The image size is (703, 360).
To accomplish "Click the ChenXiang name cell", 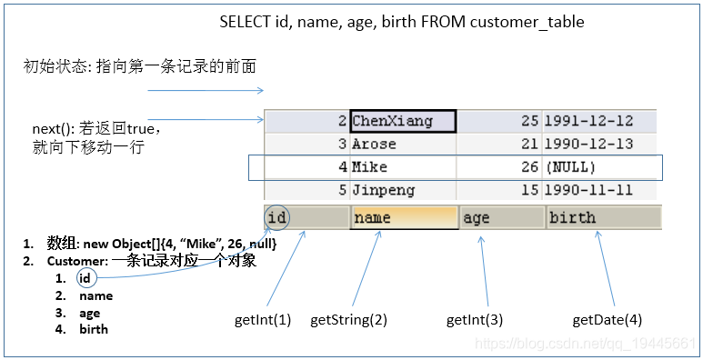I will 403,121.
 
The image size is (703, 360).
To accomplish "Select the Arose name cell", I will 403,145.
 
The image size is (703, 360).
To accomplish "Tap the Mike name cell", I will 403,167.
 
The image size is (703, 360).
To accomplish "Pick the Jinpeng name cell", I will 403,191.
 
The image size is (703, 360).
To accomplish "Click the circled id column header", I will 278,217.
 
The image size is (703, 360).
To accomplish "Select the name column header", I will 403,217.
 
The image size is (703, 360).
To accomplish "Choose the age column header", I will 501,217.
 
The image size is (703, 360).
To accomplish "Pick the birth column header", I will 603,217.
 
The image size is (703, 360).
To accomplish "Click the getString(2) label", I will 348,320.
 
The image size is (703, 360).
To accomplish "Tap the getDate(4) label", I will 607,320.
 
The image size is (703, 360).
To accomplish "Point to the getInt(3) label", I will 475,320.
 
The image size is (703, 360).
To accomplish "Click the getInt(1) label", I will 263,320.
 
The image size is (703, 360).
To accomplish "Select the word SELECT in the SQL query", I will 245,22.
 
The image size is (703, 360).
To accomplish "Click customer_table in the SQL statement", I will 527,22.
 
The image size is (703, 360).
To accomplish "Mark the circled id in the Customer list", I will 85,278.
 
